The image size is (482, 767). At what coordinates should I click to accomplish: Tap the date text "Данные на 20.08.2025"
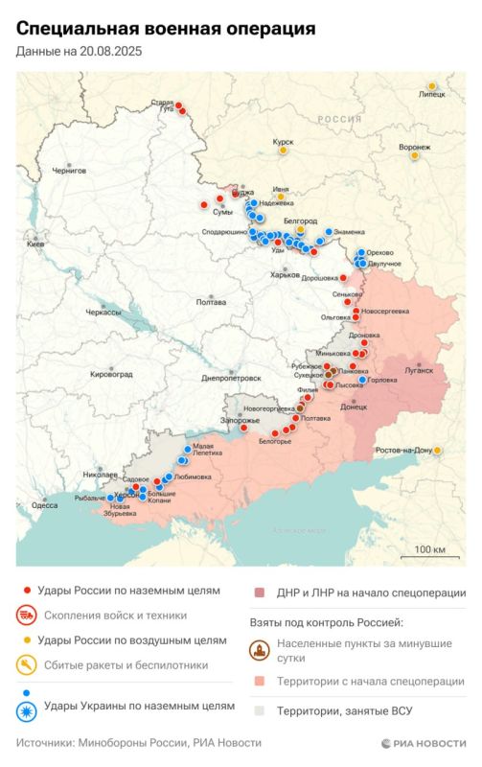click(79, 53)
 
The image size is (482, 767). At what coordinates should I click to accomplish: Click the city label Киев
click(34, 245)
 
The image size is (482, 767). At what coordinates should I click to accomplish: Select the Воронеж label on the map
click(414, 148)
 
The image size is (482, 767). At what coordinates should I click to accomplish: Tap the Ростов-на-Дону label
click(404, 450)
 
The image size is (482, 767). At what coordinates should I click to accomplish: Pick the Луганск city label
click(419, 369)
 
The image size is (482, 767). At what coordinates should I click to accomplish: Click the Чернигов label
click(68, 170)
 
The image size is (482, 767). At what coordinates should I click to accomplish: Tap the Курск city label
click(283, 142)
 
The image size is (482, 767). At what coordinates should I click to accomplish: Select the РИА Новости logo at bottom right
click(423, 743)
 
